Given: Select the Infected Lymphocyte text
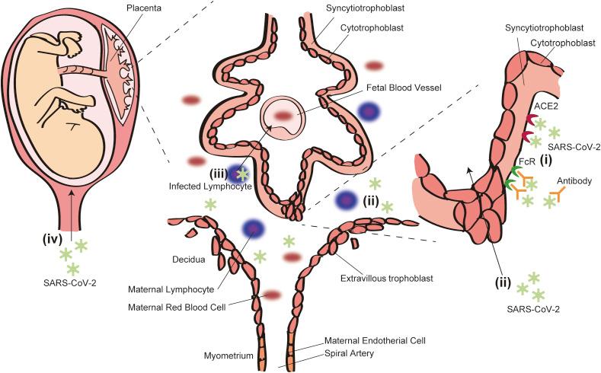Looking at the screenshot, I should point(211,185).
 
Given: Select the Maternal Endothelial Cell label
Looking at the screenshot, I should point(375,340).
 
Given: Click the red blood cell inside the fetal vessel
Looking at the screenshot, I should point(284,115).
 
